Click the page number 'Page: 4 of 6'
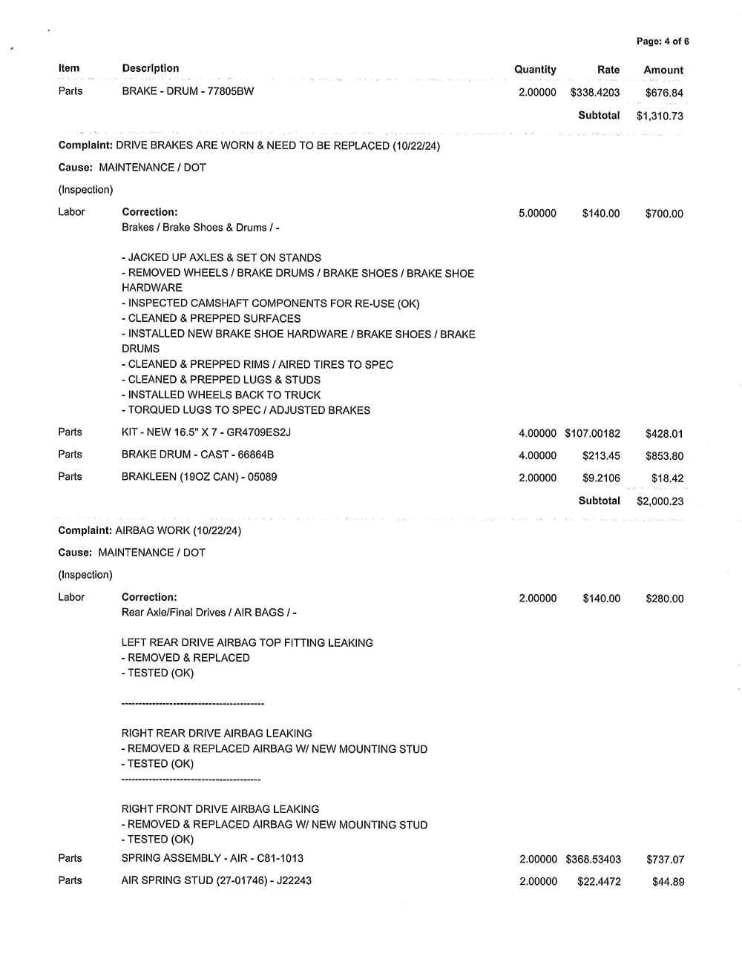662,42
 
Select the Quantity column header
535,69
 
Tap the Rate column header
608,70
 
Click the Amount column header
663,70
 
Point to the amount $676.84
664,93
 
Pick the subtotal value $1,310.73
660,116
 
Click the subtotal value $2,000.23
660,501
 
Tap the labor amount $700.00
664,214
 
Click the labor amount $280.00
664,599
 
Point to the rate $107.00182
592,433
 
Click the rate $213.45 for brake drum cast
601,455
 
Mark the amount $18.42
667,478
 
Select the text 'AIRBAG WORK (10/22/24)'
179,530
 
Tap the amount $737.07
665,860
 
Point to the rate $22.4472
599,882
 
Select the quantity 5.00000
537,214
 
